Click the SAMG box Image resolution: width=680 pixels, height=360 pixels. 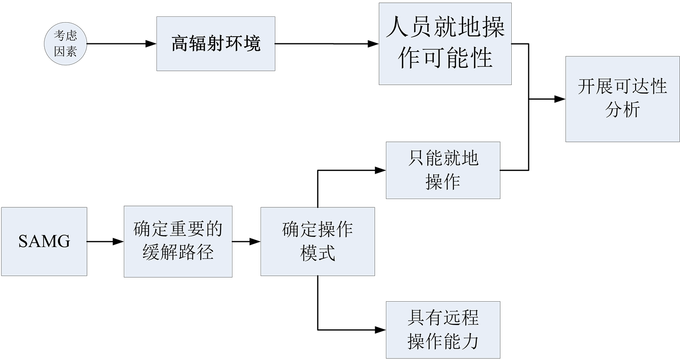coord(44,241)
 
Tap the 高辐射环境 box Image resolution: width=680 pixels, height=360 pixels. coord(216,43)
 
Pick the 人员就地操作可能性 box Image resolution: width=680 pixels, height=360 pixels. coord(445,43)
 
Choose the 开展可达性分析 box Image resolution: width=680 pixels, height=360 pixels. coord(622,99)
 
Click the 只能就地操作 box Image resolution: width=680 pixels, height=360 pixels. coord(443,170)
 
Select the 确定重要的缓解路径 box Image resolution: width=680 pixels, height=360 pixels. coord(178,241)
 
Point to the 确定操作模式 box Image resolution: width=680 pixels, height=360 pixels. coord(317,241)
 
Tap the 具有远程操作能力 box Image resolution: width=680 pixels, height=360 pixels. coord(443,329)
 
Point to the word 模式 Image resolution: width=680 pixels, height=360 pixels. coord(317,253)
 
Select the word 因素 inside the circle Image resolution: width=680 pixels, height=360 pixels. coord(65,51)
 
